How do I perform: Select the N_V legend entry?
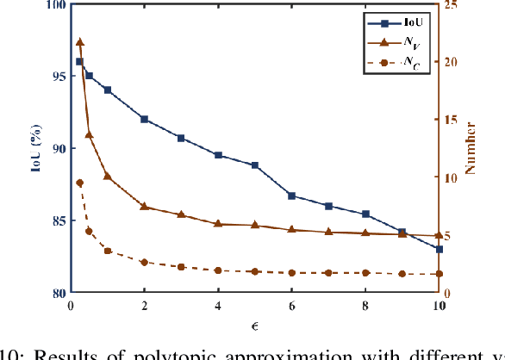coord(409,40)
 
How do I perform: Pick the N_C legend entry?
coord(409,63)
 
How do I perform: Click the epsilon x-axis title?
coord(255,325)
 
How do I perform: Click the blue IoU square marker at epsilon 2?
coord(144,119)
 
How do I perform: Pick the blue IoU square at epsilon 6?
coord(291,196)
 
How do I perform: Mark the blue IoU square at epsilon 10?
coord(439,249)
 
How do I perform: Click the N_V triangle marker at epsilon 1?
coord(108,176)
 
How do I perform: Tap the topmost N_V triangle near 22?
coord(79,41)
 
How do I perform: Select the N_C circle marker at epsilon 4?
coord(218,270)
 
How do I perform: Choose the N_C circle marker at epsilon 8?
coord(365,272)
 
